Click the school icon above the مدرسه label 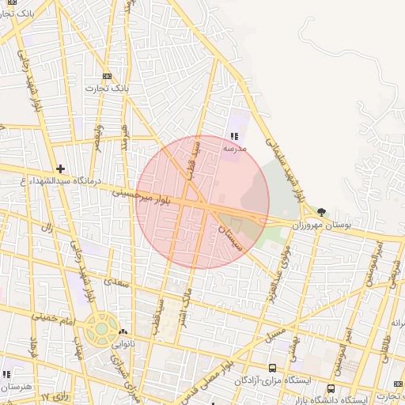233,136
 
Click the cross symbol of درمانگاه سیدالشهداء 60,168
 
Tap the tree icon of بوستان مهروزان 320,211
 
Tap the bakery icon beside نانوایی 123,331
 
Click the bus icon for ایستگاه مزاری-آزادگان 273,368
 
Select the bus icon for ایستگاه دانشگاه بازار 331,388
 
